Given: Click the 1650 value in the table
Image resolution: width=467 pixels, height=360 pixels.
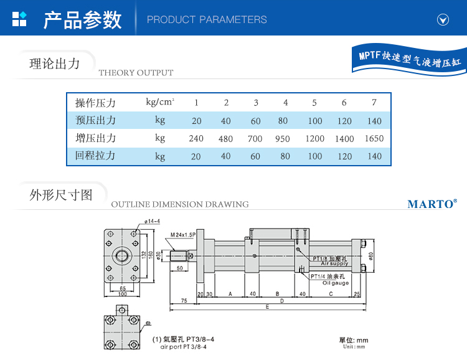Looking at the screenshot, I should [x=374, y=139].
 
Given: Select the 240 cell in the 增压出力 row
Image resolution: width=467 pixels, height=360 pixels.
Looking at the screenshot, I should [x=196, y=139].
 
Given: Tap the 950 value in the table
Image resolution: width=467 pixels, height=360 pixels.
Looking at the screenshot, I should [x=283, y=139].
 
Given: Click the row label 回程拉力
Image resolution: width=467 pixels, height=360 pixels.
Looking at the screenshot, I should [x=95, y=156].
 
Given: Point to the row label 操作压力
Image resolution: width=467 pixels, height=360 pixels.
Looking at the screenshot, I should [x=95, y=103].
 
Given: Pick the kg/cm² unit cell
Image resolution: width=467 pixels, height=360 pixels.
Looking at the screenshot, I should [x=160, y=102].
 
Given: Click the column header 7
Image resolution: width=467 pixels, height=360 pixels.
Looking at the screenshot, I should [x=374, y=103].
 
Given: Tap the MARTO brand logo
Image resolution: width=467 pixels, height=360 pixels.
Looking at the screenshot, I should [x=432, y=204].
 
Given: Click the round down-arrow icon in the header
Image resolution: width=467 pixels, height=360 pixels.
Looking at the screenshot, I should [x=443, y=19].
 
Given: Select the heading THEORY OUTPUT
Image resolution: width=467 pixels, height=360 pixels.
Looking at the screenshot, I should [x=136, y=73].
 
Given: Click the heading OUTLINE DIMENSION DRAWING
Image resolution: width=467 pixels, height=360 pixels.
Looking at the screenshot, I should [x=179, y=204].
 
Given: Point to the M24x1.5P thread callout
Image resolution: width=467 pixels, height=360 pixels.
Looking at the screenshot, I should [x=183, y=235].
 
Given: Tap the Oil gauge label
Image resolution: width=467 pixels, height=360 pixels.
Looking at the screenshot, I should [x=335, y=282].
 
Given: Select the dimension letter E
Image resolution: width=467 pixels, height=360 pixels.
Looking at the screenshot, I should [x=267, y=307].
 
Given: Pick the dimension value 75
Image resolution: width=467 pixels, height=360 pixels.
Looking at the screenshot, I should [x=184, y=300].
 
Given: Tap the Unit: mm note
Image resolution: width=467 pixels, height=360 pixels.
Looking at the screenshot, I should [x=353, y=347].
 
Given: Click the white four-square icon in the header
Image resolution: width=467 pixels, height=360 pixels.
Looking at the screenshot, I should [x=20, y=19].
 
